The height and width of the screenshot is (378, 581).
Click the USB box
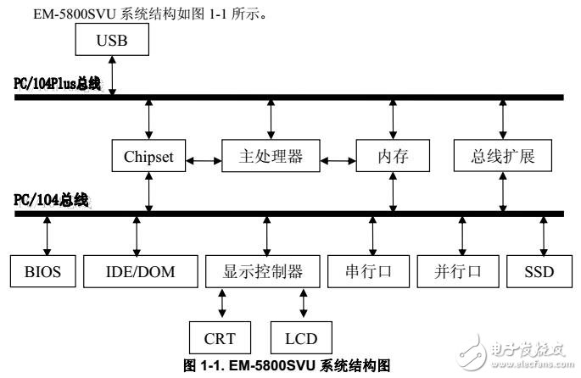click(112, 41)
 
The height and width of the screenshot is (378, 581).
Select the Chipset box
click(149, 158)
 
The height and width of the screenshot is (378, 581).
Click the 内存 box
click(393, 158)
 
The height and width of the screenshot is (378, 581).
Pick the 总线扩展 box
click(503, 158)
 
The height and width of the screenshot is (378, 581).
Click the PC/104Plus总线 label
click(57, 85)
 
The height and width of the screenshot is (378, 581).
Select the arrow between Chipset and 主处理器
click(204, 158)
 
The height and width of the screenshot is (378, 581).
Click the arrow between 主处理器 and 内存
click(336, 158)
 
